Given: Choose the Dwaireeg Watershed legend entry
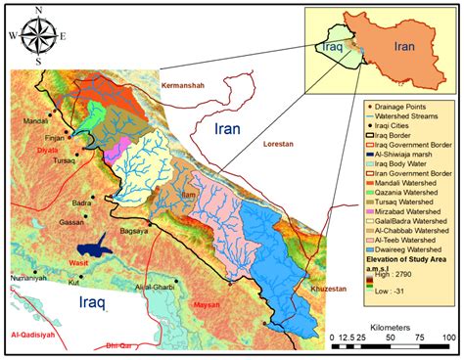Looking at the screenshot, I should [396, 250].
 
